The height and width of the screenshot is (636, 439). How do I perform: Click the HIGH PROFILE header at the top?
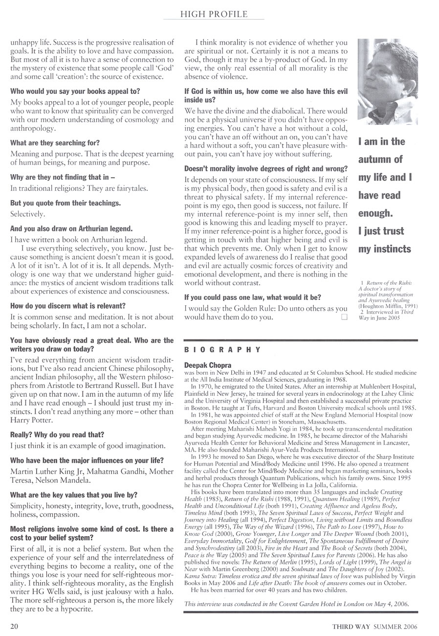214,15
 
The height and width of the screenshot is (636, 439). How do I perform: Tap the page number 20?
14,624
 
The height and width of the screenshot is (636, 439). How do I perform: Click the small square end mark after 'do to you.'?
344,317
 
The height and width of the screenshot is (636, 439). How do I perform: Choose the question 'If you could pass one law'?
252,297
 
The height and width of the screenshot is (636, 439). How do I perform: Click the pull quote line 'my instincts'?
385,249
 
